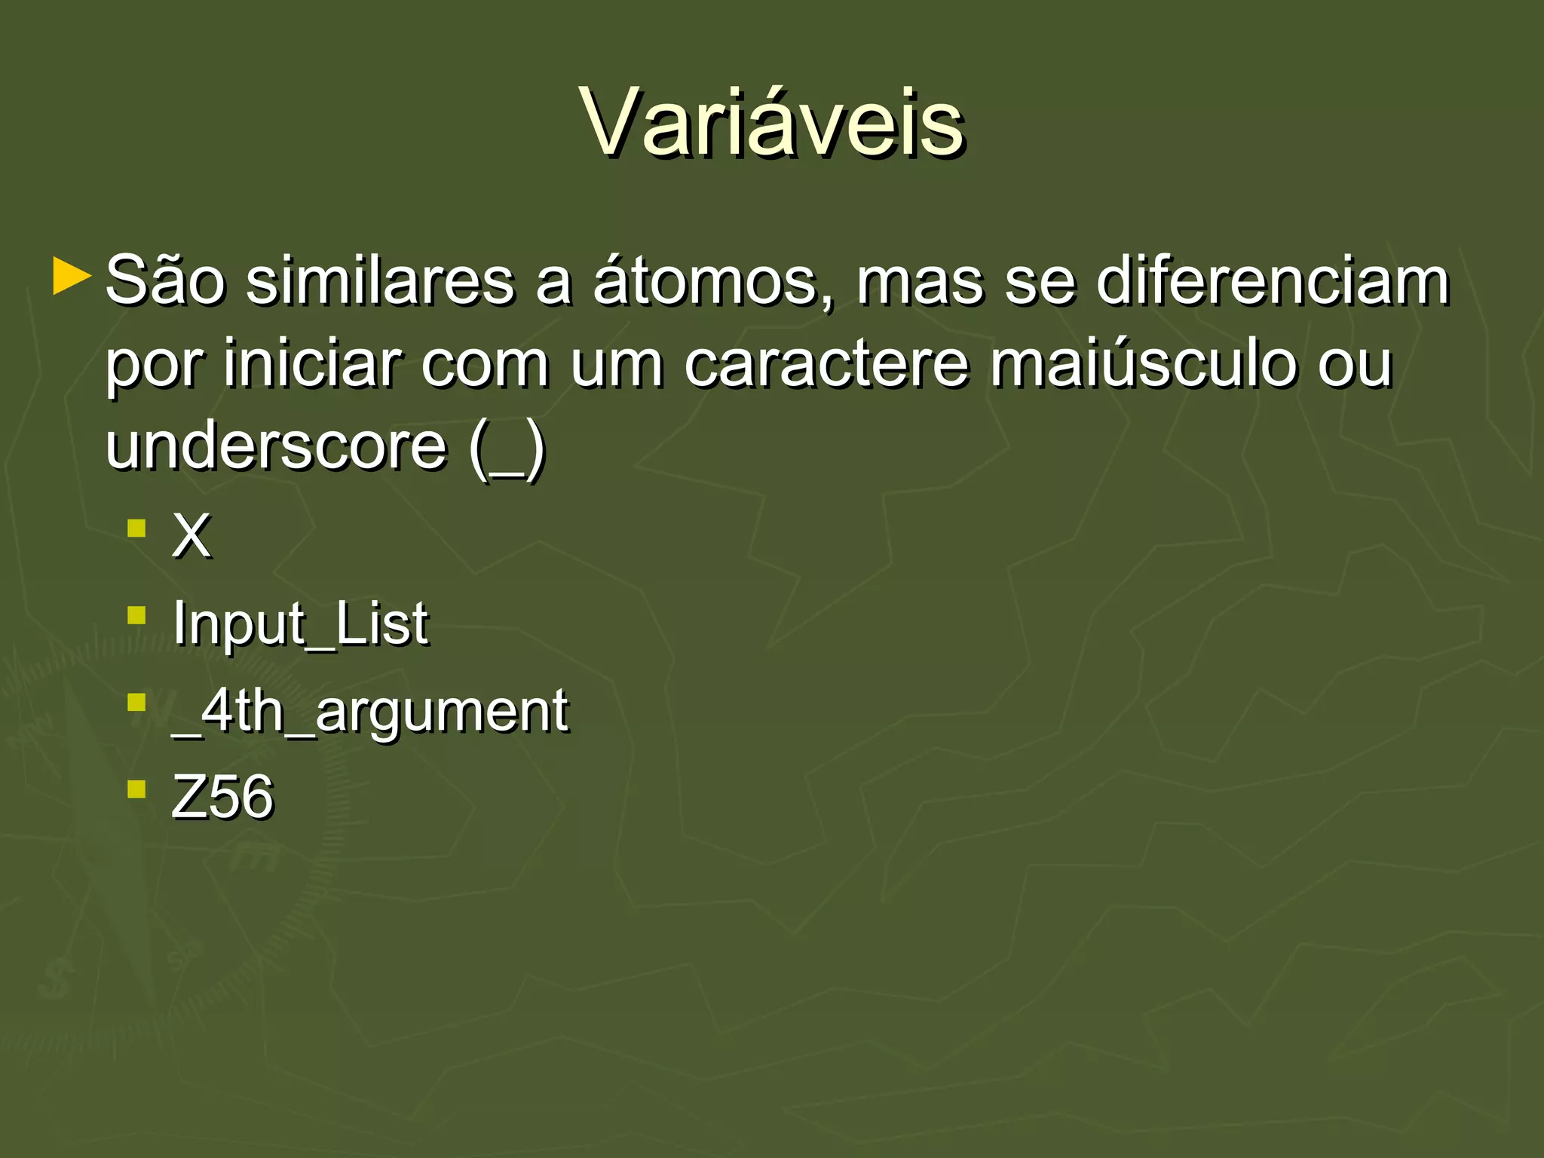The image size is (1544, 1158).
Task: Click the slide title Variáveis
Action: (x=772, y=122)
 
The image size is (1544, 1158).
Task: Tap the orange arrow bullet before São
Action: (x=72, y=277)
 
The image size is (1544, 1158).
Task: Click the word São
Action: (x=165, y=281)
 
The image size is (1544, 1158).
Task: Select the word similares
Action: (x=380, y=281)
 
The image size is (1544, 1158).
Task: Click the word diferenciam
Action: (x=1273, y=281)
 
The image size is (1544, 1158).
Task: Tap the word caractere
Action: (x=826, y=366)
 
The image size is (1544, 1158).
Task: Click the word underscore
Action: (x=276, y=446)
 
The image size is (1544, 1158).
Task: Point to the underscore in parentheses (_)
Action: (x=507, y=452)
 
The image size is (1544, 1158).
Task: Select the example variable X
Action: (x=191, y=536)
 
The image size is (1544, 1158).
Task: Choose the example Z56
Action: (x=222, y=797)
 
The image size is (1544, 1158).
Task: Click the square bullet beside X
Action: (x=136, y=528)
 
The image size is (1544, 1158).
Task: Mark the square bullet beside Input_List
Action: (x=136, y=615)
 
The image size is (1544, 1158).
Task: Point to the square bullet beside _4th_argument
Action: (x=136, y=703)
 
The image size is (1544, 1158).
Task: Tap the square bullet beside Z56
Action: (x=136, y=789)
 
